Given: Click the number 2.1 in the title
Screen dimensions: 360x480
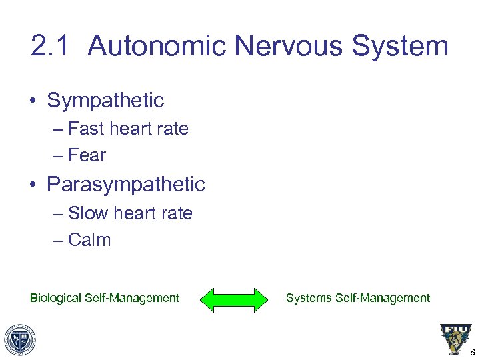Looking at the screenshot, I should pos(51,47).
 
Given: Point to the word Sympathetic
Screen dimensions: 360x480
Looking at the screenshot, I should pos(105,101).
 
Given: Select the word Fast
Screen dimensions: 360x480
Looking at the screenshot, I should pos(84,129).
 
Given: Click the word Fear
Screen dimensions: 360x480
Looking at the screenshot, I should pos(87,155).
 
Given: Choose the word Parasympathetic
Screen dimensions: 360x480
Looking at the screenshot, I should pos(126,184).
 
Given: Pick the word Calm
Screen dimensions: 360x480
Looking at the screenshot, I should pos(89,240).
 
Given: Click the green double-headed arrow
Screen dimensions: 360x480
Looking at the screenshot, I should pos(233,299).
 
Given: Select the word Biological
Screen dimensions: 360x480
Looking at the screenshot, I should pos(56,298).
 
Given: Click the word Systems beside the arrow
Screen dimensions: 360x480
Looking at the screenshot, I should pos(309,298).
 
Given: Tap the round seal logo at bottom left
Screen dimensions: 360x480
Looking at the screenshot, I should pos(20,339).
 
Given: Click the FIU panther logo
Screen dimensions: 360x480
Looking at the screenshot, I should pos(455,339).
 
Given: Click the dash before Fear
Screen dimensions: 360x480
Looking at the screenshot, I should pos(58,156).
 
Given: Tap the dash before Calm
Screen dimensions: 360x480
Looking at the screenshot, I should pos(58,241).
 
